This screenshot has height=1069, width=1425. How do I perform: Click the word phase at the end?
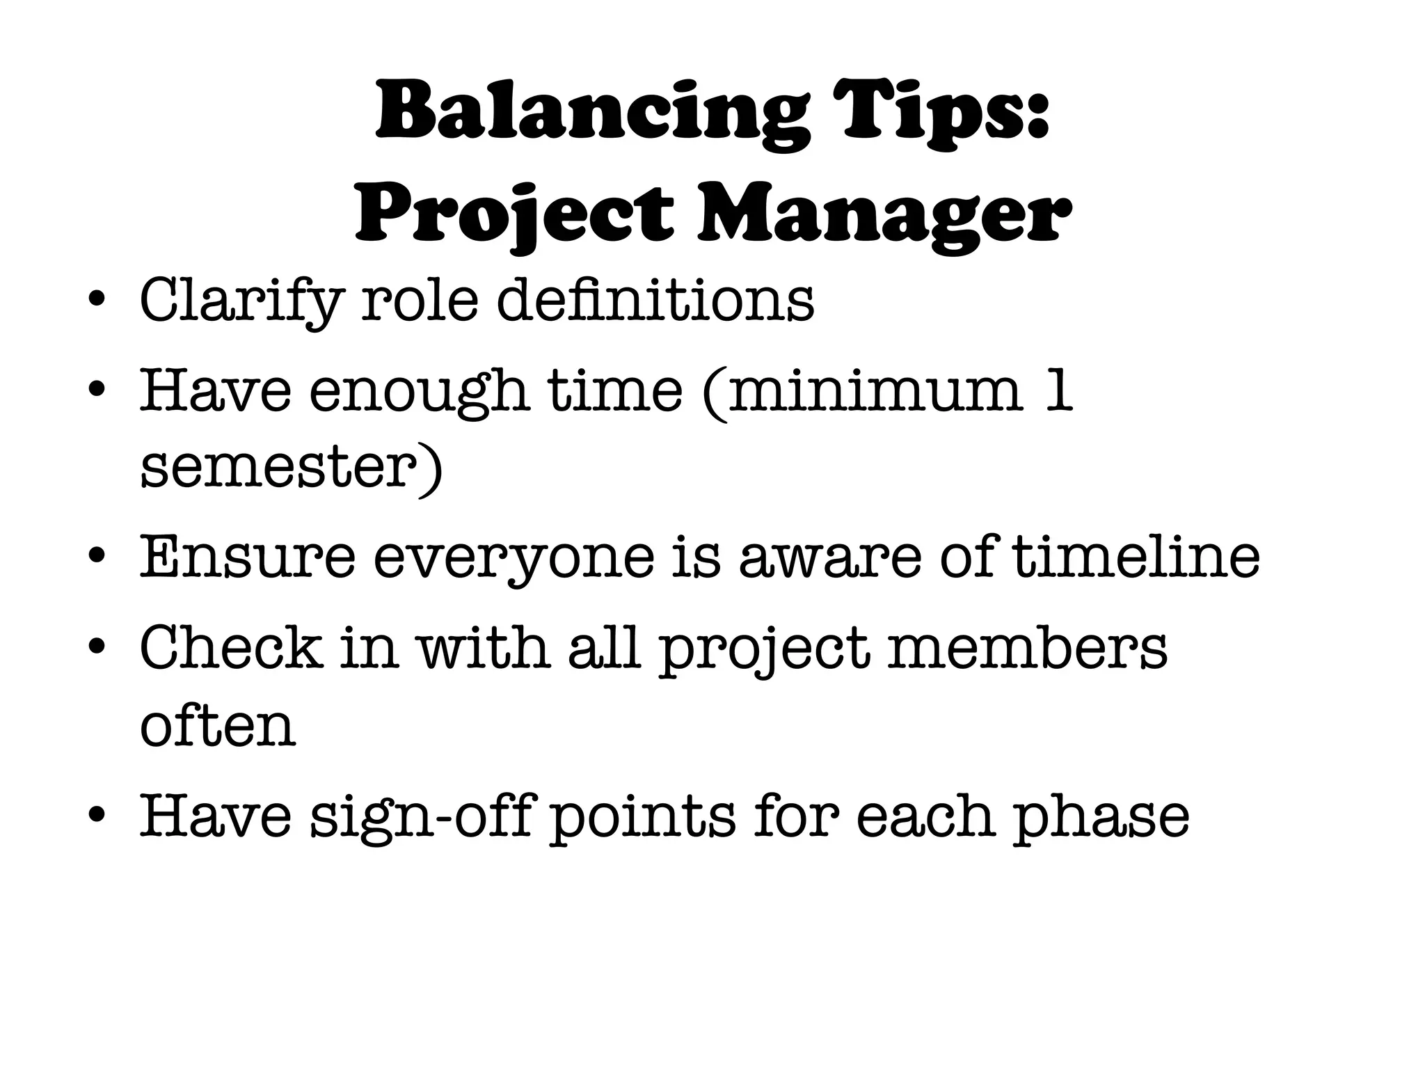click(x=1100, y=818)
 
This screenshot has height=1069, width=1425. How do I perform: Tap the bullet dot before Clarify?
click(x=97, y=301)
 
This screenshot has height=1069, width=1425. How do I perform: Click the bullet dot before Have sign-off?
click(x=97, y=816)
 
